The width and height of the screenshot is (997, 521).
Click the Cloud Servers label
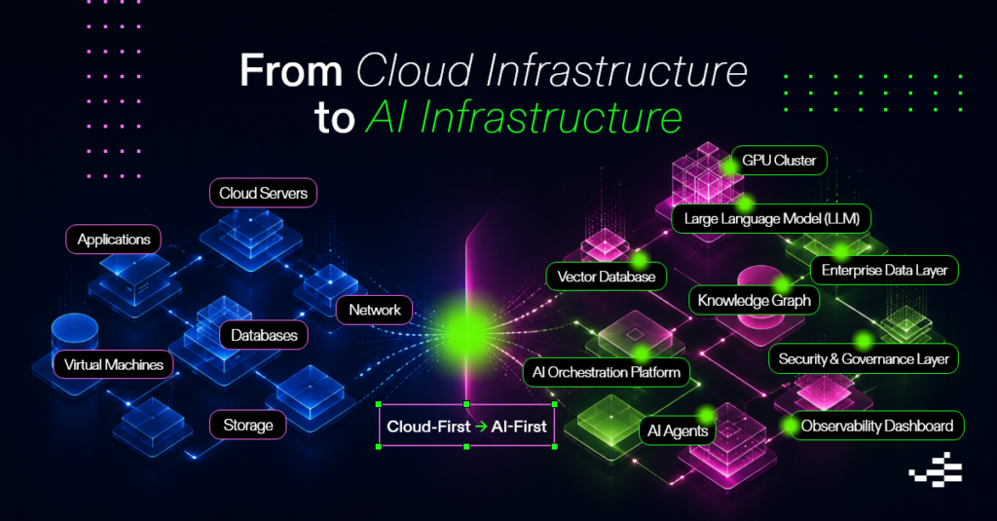(x=263, y=193)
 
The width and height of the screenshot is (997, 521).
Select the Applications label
(x=114, y=240)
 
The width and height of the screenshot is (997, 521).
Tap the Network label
(x=375, y=310)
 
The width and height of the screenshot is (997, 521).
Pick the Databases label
(x=264, y=335)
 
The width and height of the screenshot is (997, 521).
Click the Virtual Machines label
(x=113, y=364)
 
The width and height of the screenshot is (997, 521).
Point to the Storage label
(x=248, y=425)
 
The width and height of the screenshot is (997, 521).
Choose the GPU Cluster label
(x=779, y=161)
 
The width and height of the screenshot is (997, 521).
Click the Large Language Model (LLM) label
(x=771, y=219)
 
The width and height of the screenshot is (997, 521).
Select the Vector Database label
(x=606, y=277)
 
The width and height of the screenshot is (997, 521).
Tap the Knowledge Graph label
(x=755, y=300)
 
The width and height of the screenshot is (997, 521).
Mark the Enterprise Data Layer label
(x=884, y=271)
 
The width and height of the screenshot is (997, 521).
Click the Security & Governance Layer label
(x=864, y=358)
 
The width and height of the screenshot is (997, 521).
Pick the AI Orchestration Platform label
(x=606, y=372)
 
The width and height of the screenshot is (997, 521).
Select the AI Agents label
(x=678, y=430)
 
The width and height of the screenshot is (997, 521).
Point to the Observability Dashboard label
(x=877, y=426)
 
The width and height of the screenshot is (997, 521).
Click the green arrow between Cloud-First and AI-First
(x=481, y=427)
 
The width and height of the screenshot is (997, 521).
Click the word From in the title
(x=291, y=71)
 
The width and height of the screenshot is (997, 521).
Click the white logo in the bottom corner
(x=936, y=469)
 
